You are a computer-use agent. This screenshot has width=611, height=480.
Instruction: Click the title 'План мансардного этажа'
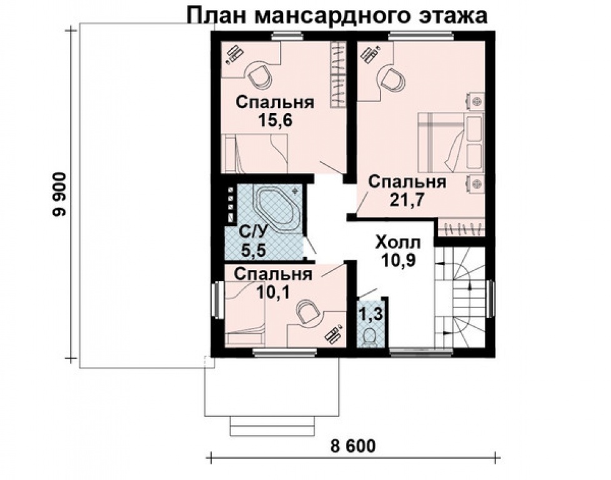click(x=337, y=16)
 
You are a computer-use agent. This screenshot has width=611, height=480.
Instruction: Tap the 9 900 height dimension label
click(x=61, y=194)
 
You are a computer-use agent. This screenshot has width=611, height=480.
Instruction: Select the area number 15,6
click(x=275, y=121)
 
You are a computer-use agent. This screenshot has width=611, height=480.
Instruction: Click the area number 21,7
click(x=407, y=199)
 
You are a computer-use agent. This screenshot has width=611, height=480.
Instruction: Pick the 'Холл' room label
click(x=398, y=242)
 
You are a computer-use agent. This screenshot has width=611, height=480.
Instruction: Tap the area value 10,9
click(x=398, y=261)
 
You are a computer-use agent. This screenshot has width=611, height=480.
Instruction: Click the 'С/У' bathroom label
click(x=253, y=232)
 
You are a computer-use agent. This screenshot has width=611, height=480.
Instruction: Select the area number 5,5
click(x=253, y=250)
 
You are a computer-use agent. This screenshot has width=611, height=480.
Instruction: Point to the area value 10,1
click(x=273, y=292)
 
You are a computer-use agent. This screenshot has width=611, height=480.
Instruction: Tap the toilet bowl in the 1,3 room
click(x=369, y=337)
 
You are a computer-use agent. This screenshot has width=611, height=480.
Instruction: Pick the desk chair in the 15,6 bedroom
click(x=259, y=77)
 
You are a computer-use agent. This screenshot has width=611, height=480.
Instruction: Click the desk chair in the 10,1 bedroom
click(x=307, y=312)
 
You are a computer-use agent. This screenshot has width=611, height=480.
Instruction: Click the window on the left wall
click(x=217, y=300)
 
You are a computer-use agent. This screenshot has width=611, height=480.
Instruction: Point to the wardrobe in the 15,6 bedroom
click(x=338, y=74)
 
